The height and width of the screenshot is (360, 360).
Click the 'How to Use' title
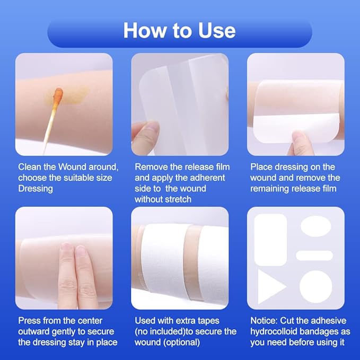pyautogui.click(x=180, y=30)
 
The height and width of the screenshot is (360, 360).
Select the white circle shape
pyautogui.click(x=316, y=286)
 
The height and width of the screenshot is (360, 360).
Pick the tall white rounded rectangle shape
pyautogui.click(x=270, y=240)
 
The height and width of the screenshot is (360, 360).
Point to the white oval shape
pyautogui.click(x=316, y=226)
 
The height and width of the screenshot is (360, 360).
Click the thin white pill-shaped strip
pyautogui.click(x=314, y=256)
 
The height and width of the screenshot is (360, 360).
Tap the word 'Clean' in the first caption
pyautogui.click(x=31, y=166)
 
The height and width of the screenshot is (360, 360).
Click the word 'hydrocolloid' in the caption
pyautogui.click(x=275, y=331)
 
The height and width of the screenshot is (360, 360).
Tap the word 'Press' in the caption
pyautogui.click(x=30, y=320)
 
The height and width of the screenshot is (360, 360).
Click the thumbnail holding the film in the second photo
pyautogui.click(x=152, y=127)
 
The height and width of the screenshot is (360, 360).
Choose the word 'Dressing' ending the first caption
pyautogui.click(x=36, y=189)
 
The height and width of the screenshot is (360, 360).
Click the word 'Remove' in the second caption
pyautogui.click(x=150, y=166)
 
